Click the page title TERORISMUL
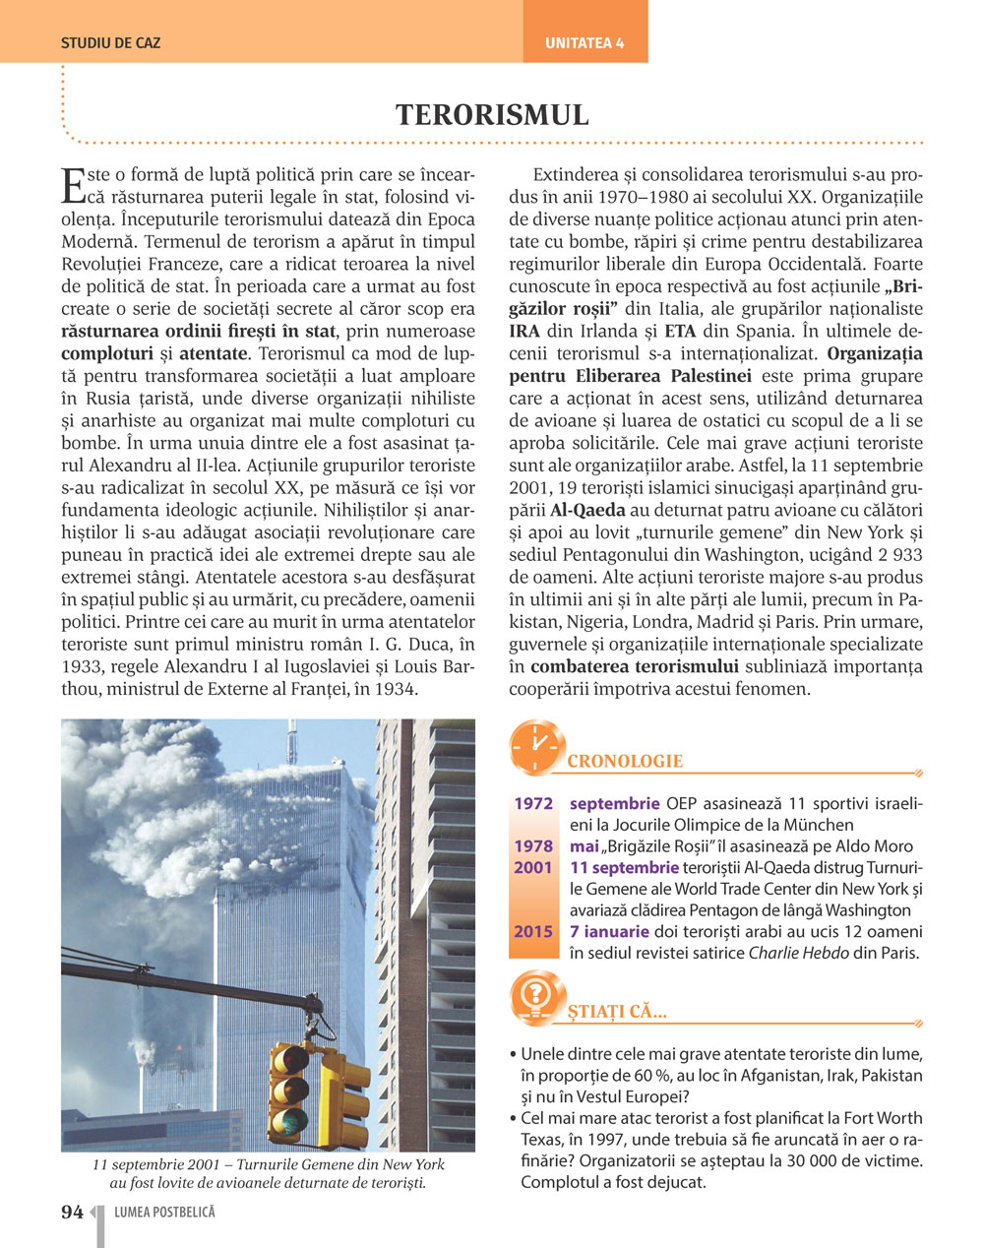pos(492,115)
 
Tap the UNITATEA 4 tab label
pos(584,43)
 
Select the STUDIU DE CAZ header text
pos(110,43)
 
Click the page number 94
pos(72,1213)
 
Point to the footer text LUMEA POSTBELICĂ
pos(164,1213)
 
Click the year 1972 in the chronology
pos(533,804)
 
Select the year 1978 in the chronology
pos(533,846)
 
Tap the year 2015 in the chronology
pos(533,931)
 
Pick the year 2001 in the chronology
pos(533,868)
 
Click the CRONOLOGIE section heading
pos(625,761)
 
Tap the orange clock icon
pos(537,747)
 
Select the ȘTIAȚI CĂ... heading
pos(617,1012)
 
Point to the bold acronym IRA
pos(526,331)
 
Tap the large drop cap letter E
pos(72,184)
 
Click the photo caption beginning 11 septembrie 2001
pos(268,1173)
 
